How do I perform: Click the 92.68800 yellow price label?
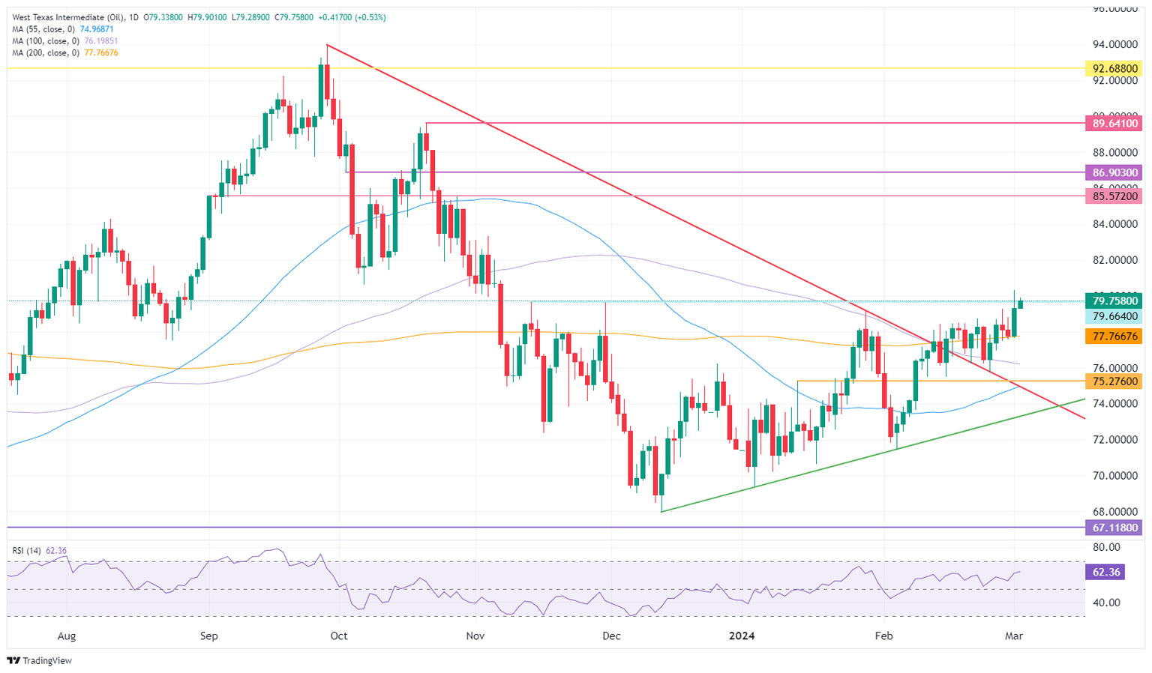pos(1114,68)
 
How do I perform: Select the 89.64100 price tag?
pos(1114,123)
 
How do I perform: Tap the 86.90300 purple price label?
pos(1114,172)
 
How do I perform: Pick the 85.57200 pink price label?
pos(1114,196)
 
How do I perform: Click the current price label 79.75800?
pos(1114,301)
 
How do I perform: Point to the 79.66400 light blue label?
pos(1114,317)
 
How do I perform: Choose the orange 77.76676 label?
pos(1114,337)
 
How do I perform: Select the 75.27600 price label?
pos(1114,381)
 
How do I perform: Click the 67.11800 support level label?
pos(1114,528)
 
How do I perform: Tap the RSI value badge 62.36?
pos(1105,573)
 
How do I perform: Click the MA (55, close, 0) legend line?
pos(62,29)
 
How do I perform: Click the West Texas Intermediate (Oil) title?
pos(67,17)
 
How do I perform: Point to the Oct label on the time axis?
pos(339,636)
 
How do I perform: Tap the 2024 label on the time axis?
pos(742,636)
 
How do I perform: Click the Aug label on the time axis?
pos(67,636)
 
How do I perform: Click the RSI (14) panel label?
pos(26,551)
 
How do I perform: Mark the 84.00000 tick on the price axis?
pos(1114,224)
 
